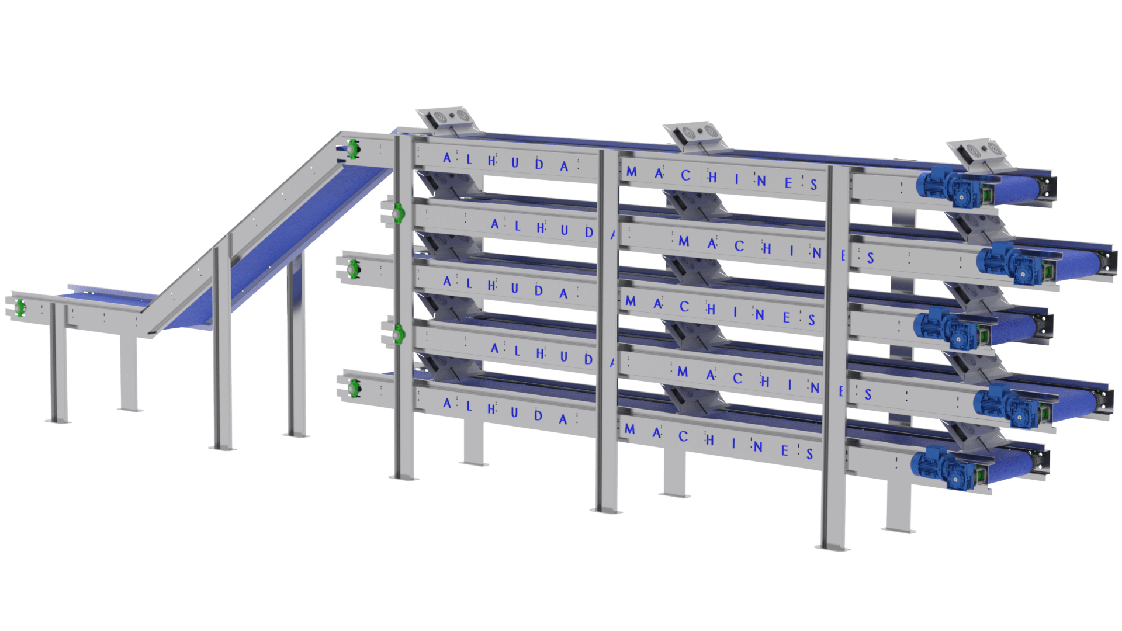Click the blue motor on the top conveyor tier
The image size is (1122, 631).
[951, 186]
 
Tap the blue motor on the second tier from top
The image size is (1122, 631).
[1012, 262]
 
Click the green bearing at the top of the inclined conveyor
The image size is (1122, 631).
[352, 148]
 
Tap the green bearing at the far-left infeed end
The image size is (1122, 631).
[20, 307]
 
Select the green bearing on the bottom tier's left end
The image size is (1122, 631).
[353, 388]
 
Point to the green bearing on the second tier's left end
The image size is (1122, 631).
[399, 213]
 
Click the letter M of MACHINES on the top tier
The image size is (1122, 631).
[632, 172]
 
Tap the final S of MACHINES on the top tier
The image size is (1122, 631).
[813, 185]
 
